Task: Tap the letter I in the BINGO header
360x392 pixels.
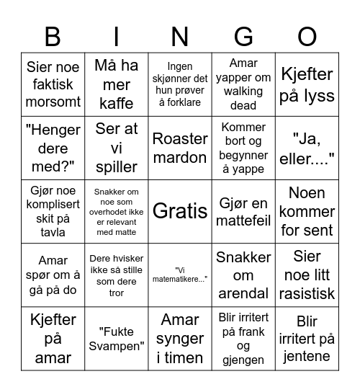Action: [x=117, y=35]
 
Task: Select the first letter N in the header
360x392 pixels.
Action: [x=180, y=35]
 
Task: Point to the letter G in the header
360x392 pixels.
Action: [x=243, y=35]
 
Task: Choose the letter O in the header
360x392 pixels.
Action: [x=307, y=35]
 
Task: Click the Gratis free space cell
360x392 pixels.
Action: [x=180, y=211]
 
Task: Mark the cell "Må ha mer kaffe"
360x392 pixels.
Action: [x=117, y=84]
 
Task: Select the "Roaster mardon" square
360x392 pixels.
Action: [x=180, y=148]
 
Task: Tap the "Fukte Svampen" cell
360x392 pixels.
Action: [x=117, y=338]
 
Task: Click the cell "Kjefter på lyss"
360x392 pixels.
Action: [x=307, y=84]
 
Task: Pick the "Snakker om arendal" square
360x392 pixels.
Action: [x=243, y=275]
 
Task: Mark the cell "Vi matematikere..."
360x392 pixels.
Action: [x=180, y=275]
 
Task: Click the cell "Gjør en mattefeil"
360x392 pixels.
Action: [x=243, y=211]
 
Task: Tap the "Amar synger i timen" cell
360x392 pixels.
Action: [x=180, y=338]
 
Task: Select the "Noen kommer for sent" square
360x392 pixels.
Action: [x=307, y=211]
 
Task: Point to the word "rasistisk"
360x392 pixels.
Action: [x=307, y=293]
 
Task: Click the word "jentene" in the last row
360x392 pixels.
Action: [x=307, y=356]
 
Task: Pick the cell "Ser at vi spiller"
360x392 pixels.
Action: [x=117, y=148]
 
